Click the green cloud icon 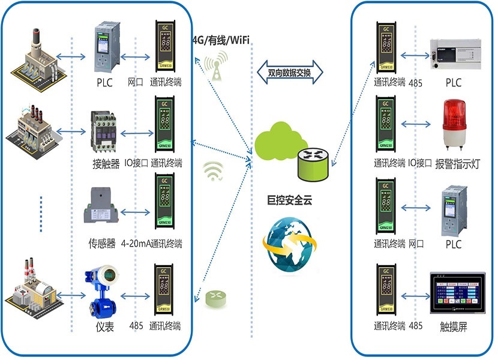(x=277, y=143)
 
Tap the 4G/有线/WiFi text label (x=220, y=40)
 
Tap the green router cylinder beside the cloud (x=314, y=163)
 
